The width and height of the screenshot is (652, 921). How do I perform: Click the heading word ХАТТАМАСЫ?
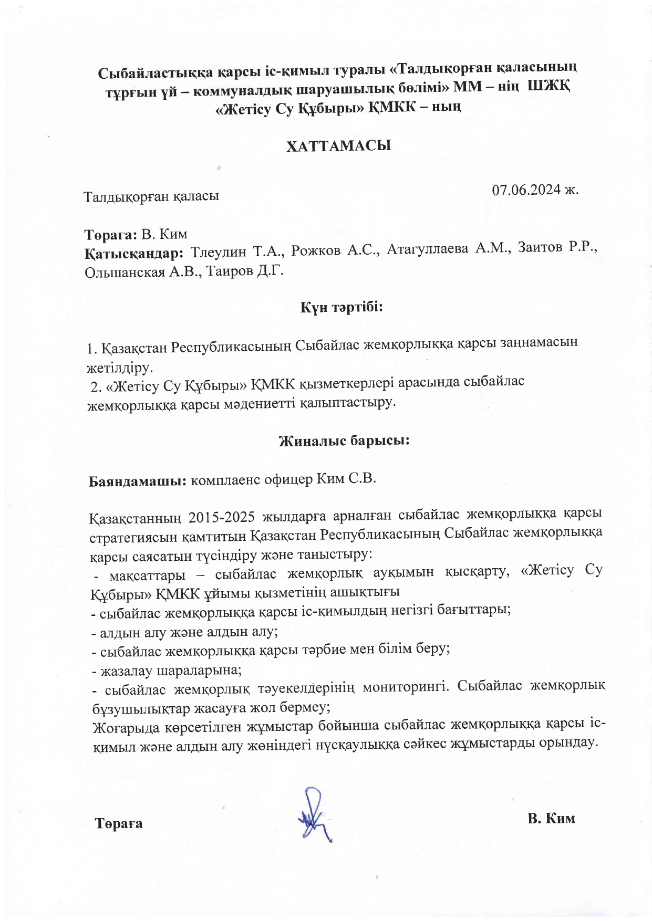tap(338, 145)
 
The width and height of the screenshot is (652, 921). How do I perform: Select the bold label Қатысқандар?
tap(134, 253)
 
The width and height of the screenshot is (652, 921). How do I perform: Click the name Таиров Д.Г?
tap(244, 271)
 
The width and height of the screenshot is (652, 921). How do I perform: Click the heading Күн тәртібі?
tap(341, 306)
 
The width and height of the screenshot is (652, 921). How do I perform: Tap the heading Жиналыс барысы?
tap(344, 440)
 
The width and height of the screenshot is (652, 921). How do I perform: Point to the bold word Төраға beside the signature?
tap(119, 823)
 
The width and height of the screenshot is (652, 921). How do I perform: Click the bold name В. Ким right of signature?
tap(551, 818)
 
